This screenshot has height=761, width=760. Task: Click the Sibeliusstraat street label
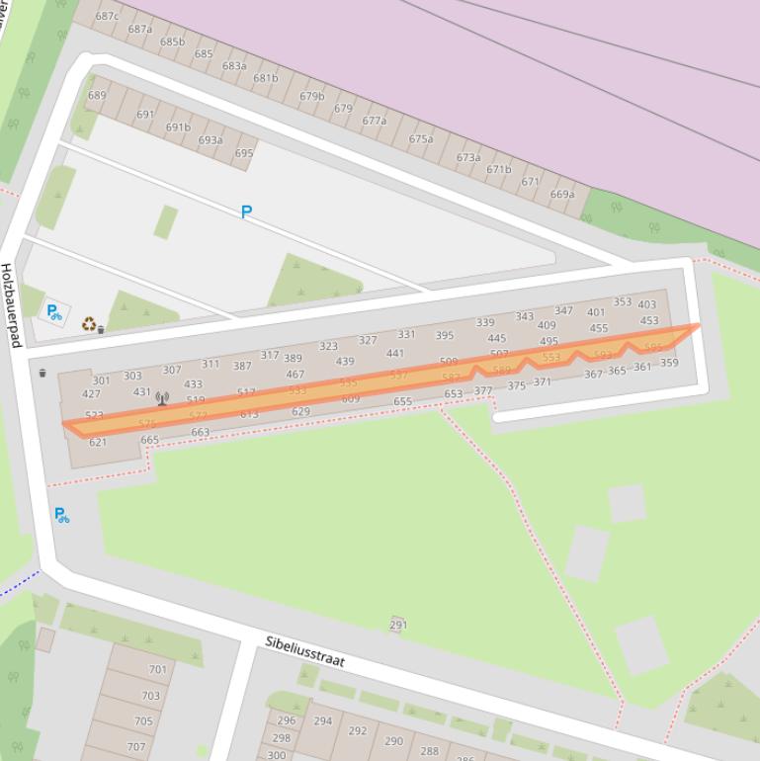tap(304, 652)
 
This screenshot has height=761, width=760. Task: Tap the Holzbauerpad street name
tap(11, 304)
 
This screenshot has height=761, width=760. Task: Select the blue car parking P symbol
tap(246, 211)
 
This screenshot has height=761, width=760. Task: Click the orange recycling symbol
tap(89, 323)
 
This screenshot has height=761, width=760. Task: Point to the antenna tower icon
tap(162, 399)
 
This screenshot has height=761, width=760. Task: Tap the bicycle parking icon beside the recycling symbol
tap(54, 312)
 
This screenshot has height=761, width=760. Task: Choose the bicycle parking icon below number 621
tap(61, 515)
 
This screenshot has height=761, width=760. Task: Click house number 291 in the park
tap(398, 625)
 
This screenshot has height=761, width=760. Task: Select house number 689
tap(97, 96)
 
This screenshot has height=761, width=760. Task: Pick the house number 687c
tap(107, 16)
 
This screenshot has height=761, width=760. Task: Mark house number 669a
tap(562, 195)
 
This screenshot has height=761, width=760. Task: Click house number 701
tap(158, 669)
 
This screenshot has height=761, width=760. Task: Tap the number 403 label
tap(646, 305)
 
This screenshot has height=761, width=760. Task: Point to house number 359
tap(669, 363)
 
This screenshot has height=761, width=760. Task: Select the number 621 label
tap(98, 442)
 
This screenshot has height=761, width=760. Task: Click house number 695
tap(244, 153)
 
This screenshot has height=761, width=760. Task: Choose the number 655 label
tap(402, 401)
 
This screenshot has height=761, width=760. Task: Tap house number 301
tap(101, 380)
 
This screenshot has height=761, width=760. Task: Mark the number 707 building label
tap(136, 747)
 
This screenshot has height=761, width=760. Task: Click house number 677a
tap(374, 121)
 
